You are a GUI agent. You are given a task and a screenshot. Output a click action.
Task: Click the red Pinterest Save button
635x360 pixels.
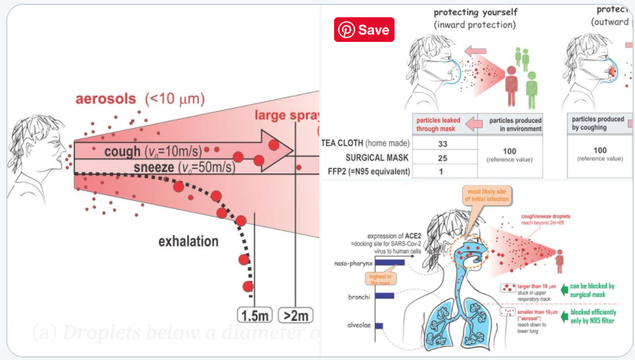pyautogui.click(x=364, y=30)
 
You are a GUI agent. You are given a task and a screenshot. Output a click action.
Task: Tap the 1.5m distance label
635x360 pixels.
pyautogui.click(x=255, y=315)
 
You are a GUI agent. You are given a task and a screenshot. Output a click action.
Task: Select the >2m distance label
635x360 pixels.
pyautogui.click(x=296, y=315)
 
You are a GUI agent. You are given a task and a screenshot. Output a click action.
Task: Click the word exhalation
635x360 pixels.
pyautogui.click(x=188, y=241)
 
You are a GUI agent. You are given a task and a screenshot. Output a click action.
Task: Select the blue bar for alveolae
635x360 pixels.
pyautogui.click(x=379, y=325)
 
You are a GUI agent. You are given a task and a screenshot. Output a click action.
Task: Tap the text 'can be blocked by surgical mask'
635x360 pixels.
pyautogui.click(x=592, y=290)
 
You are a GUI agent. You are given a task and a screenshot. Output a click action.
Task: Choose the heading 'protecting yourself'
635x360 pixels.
pyautogui.click(x=475, y=12)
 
